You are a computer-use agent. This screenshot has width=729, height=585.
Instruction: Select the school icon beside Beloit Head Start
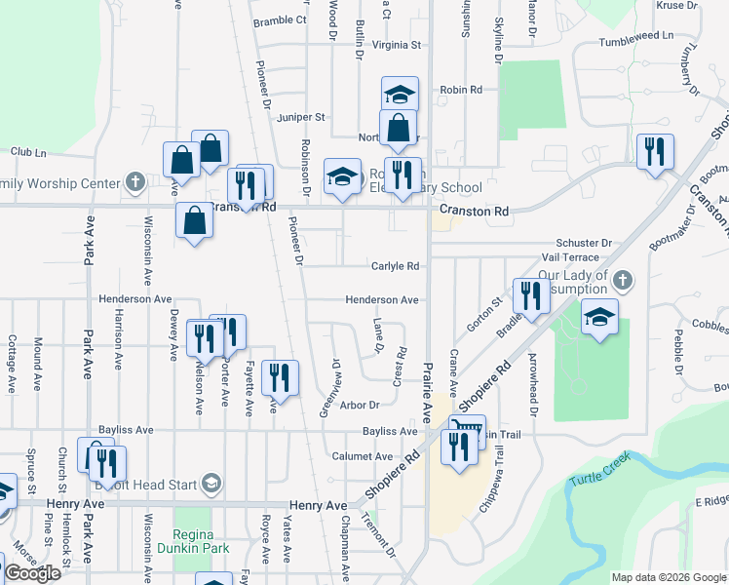(210, 483)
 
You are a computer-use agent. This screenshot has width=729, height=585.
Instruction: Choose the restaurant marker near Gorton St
(531, 294)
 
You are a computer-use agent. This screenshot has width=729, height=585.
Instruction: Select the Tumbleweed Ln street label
(636, 34)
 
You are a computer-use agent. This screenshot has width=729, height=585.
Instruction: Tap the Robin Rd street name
(461, 90)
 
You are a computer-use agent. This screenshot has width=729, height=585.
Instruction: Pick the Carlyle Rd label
(395, 266)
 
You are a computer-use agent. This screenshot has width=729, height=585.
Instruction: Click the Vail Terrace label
(570, 256)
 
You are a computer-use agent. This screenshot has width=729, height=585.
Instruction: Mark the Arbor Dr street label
(359, 405)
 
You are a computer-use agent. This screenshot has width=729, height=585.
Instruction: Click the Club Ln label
(28, 152)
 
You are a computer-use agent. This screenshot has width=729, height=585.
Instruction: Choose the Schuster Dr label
(583, 243)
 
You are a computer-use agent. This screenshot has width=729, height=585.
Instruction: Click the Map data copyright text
(669, 577)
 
